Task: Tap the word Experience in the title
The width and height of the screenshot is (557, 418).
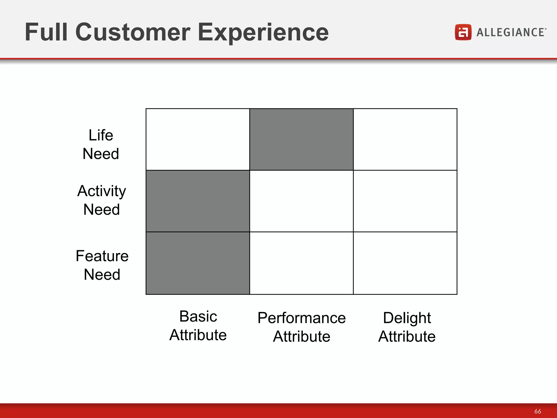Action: [x=263, y=33]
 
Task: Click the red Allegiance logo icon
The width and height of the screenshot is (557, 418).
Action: [x=463, y=32]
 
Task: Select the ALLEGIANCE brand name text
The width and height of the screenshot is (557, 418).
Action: [x=511, y=32]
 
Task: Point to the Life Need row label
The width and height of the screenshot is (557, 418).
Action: [x=101, y=144]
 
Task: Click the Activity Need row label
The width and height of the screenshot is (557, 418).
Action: [x=101, y=200]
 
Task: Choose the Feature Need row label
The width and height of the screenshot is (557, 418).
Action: [x=102, y=265]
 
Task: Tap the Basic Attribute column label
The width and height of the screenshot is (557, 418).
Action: [x=198, y=325]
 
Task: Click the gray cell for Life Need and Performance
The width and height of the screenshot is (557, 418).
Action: [x=301, y=139]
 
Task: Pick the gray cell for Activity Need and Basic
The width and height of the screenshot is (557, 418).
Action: [x=198, y=201]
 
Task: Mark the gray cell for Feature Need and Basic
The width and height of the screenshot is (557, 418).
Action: [x=198, y=263]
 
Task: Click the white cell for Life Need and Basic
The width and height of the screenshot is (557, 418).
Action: [x=198, y=139]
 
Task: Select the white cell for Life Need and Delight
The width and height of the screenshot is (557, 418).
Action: [x=405, y=139]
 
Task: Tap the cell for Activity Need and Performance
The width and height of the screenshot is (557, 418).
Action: [x=301, y=201]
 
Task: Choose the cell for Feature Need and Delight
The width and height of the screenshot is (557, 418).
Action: [x=405, y=263]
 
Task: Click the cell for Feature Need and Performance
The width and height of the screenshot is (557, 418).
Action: [x=301, y=263]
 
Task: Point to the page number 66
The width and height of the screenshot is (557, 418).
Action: [x=537, y=411]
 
